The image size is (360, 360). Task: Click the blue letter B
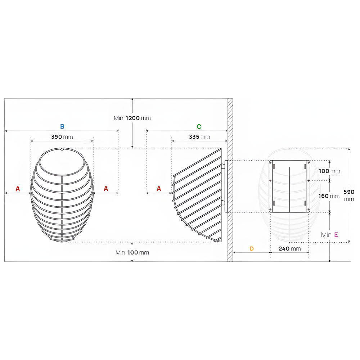tap(62, 126)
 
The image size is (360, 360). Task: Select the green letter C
tap(199, 126)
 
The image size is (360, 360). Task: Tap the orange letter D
tap(252, 249)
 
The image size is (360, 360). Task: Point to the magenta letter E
tap(336, 235)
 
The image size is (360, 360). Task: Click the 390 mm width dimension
tap(62, 137)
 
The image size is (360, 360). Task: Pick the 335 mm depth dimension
tap(199, 137)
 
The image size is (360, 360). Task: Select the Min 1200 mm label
tap(132, 118)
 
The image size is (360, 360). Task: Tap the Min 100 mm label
tap(132, 253)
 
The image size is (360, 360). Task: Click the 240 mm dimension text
tap(289, 249)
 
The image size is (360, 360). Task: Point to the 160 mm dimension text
tap(329, 196)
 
